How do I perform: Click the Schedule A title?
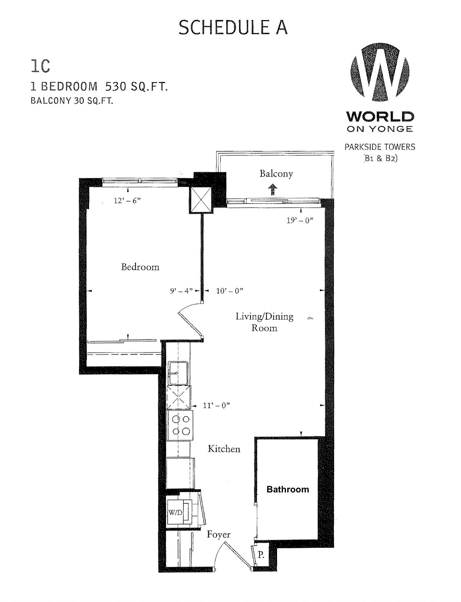(x=233, y=28)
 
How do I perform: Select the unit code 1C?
(x=40, y=67)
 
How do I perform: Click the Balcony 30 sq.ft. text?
(x=72, y=101)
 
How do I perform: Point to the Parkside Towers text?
(x=380, y=147)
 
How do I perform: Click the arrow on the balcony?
(x=273, y=190)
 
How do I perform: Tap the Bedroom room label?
(x=140, y=267)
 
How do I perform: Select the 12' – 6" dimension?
(x=127, y=201)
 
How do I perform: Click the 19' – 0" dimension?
(x=300, y=221)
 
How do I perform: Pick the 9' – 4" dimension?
(x=181, y=291)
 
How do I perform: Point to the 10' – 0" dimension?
(x=229, y=291)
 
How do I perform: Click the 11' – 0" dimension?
(x=216, y=405)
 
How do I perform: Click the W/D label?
(x=176, y=512)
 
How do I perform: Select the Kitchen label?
(x=224, y=449)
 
